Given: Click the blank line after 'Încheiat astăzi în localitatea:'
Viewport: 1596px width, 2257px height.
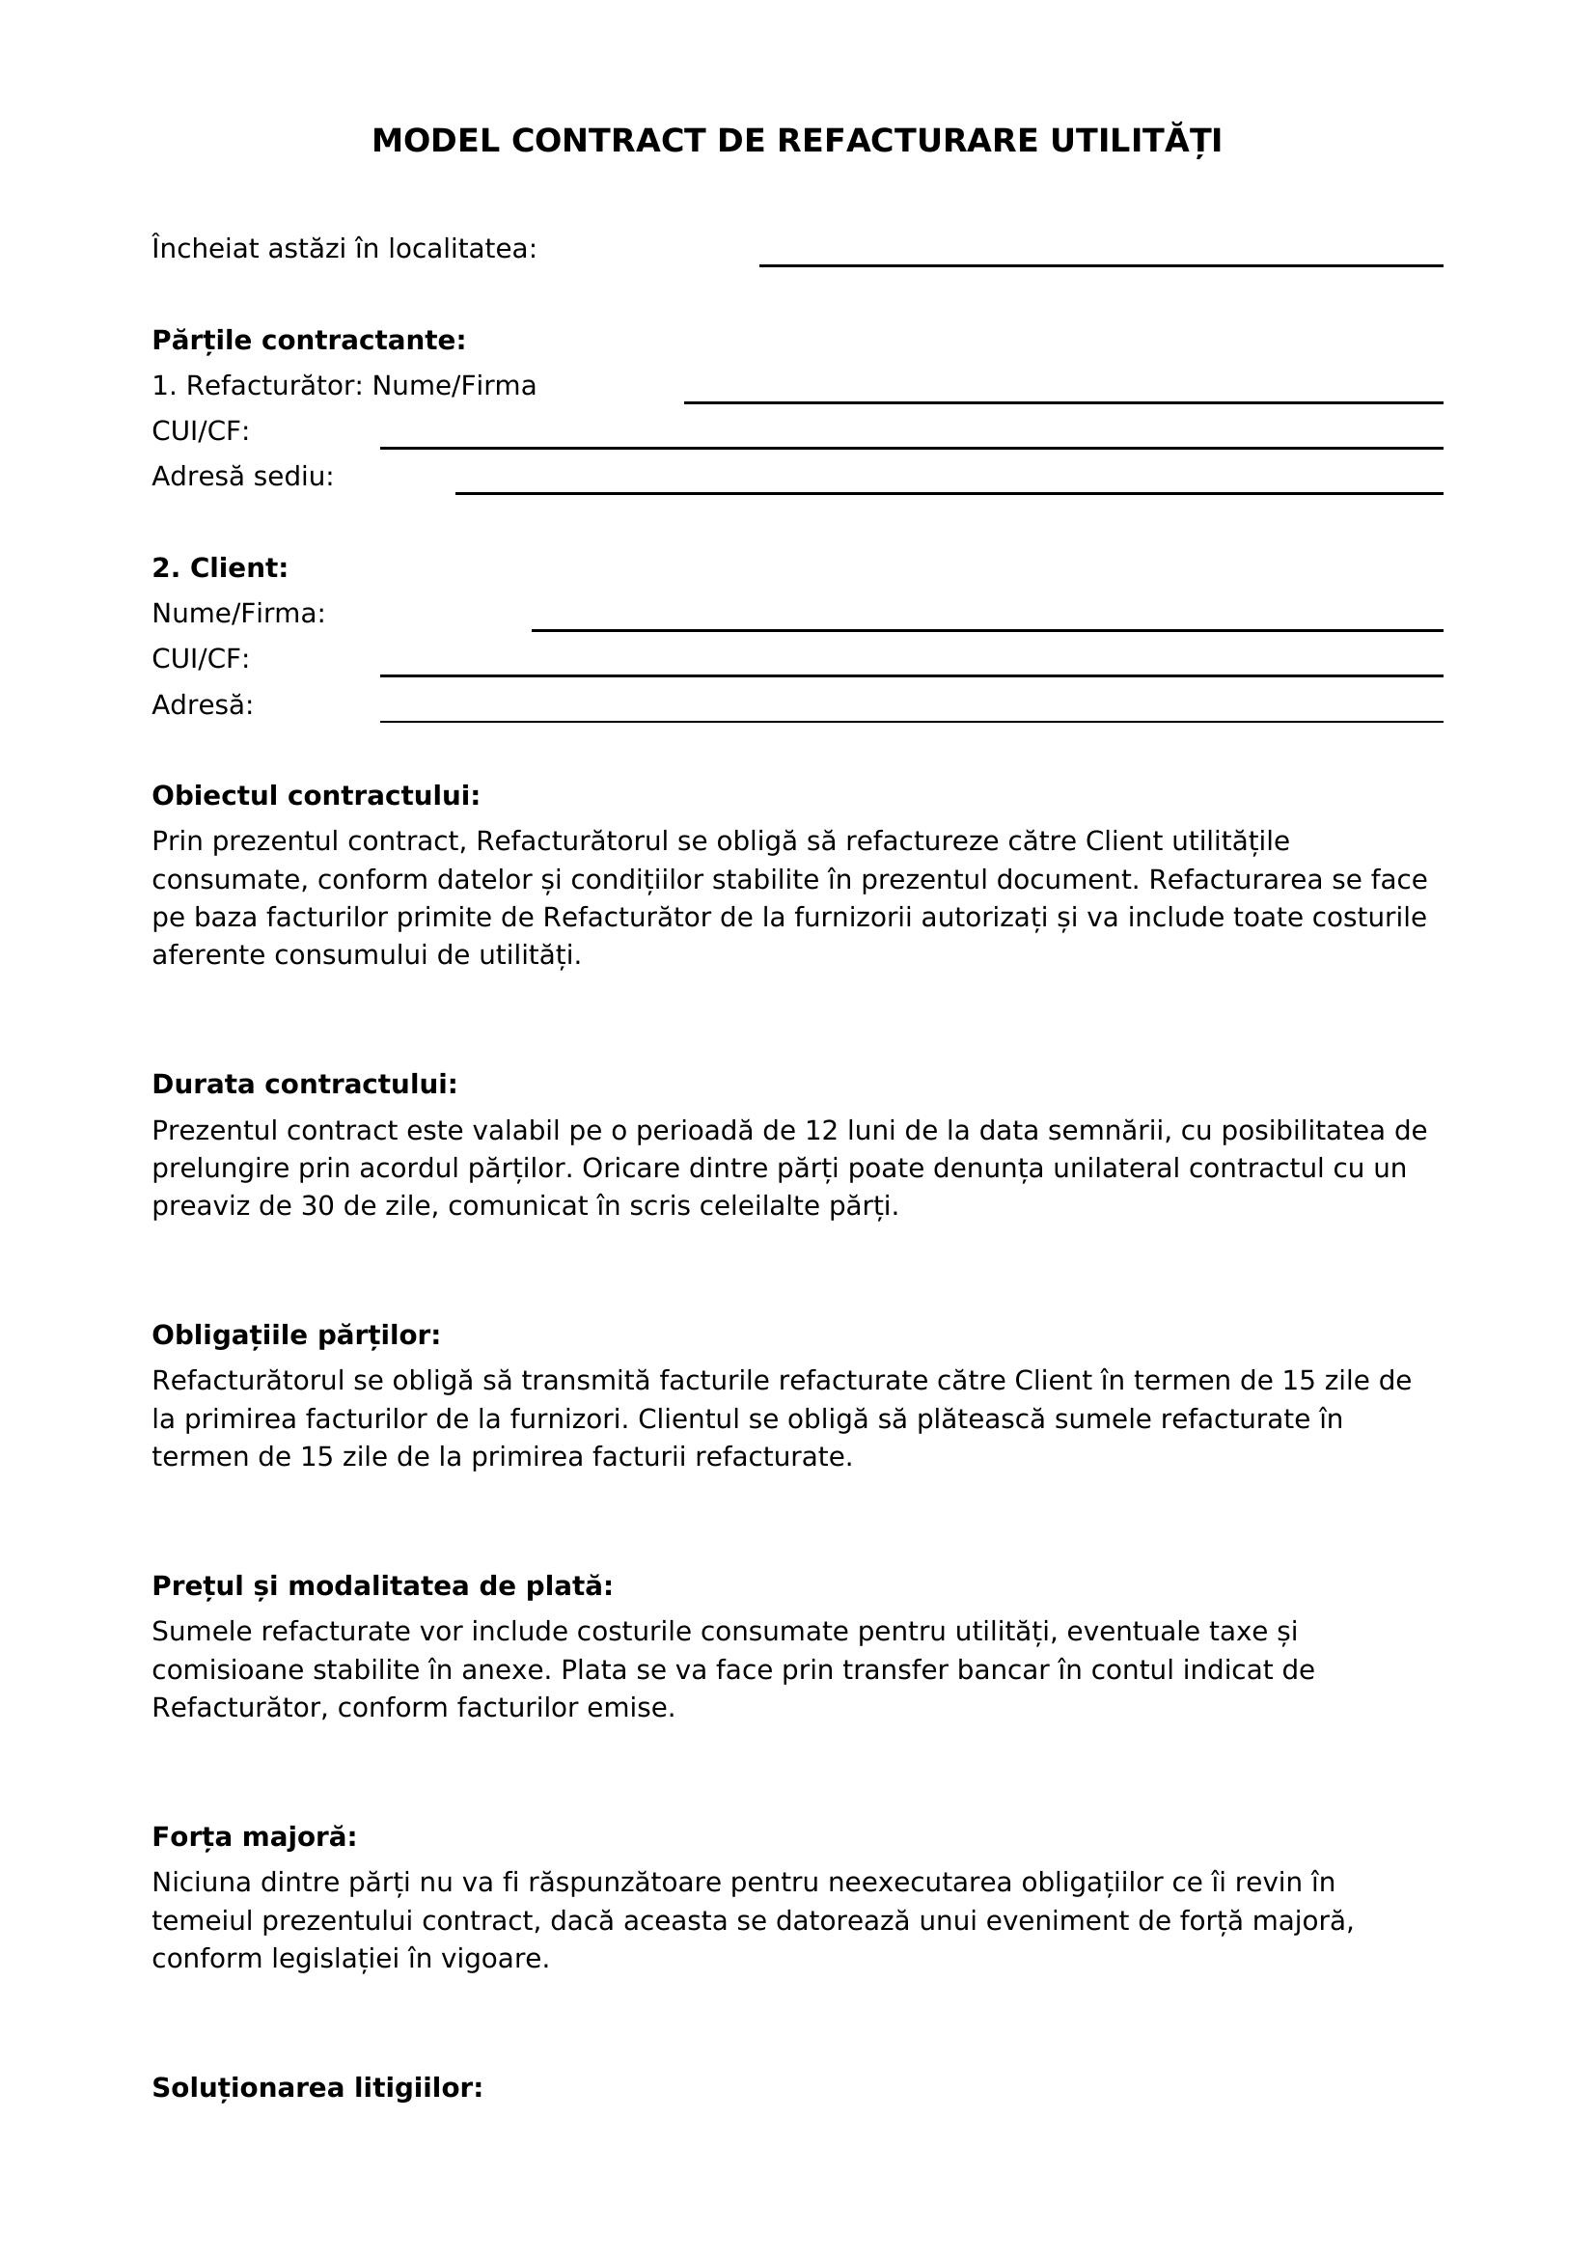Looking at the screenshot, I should point(1100,263).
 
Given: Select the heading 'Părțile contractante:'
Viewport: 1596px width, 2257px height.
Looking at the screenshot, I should point(308,341).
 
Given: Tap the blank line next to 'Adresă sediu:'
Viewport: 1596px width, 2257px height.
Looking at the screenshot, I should point(949,491).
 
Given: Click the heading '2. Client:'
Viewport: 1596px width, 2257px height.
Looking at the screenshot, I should point(219,568).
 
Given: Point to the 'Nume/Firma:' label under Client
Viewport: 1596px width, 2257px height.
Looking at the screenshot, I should point(237,615).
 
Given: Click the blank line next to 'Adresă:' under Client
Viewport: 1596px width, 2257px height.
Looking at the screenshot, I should point(911,721).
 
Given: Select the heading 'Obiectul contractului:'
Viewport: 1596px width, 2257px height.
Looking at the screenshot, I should point(316,796).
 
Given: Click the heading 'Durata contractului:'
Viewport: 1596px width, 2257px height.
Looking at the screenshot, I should point(305,1085).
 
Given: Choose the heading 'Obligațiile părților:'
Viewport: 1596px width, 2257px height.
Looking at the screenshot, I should point(296,1335).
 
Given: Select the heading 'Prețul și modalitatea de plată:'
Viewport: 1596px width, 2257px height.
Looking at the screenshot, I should point(382,1585).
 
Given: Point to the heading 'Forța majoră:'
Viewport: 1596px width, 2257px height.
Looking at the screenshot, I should point(254,1836).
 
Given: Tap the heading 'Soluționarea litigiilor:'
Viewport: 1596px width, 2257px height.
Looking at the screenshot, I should point(316,2088).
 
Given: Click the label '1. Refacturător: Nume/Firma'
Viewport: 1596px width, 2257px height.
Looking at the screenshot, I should point(344,386).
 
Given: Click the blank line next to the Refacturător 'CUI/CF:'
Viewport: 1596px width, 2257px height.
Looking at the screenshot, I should point(911,447).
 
